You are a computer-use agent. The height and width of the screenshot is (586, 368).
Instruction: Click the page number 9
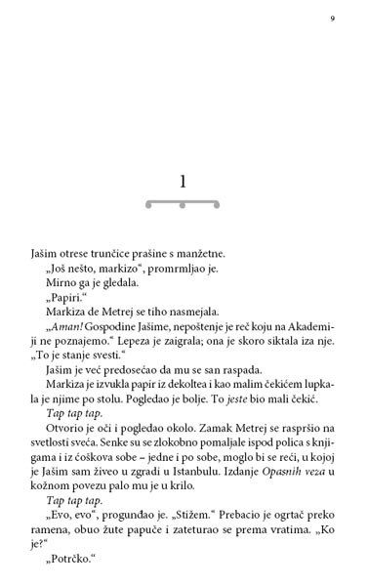click(x=332, y=20)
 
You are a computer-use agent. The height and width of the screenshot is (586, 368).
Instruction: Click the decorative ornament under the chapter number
click(x=183, y=204)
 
